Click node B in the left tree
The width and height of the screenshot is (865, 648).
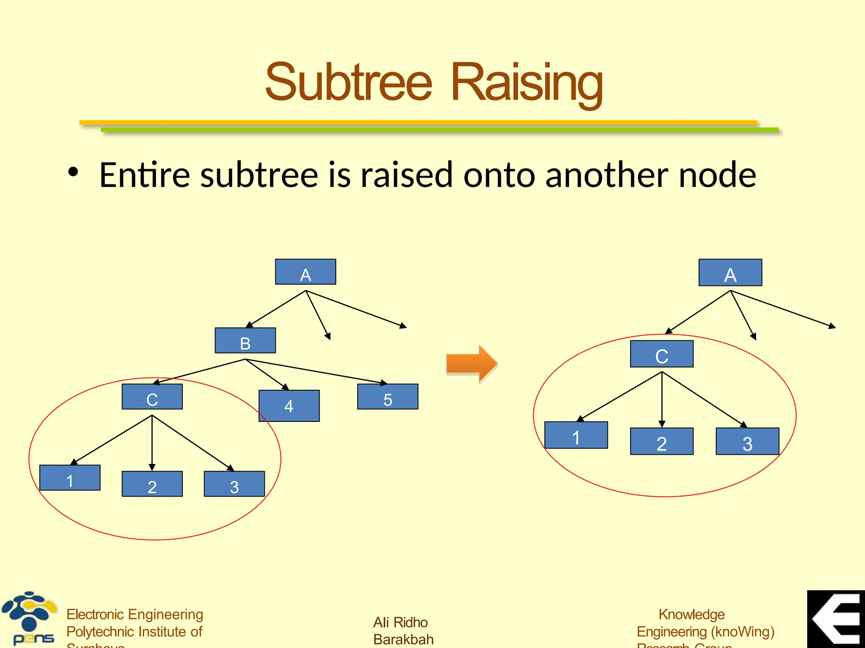click(x=245, y=340)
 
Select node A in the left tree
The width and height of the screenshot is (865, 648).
click(x=305, y=272)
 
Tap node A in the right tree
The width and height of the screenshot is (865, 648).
click(x=730, y=273)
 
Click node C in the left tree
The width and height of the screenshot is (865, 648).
click(x=152, y=397)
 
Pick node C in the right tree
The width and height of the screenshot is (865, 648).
click(x=661, y=354)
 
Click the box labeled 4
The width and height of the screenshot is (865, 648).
click(x=289, y=406)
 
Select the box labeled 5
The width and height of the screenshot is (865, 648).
click(x=388, y=397)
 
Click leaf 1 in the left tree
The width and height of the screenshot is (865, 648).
click(x=70, y=478)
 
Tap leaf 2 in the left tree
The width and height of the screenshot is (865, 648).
click(x=152, y=484)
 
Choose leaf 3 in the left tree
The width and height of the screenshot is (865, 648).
click(x=234, y=484)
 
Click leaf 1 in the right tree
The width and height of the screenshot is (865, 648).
click(x=576, y=435)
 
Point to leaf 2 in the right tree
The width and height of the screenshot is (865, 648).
click(x=661, y=441)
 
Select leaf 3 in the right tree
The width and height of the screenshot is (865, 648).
click(x=747, y=441)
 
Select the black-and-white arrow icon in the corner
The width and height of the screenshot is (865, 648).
click(x=836, y=619)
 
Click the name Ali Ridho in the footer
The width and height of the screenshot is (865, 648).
click(x=400, y=622)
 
